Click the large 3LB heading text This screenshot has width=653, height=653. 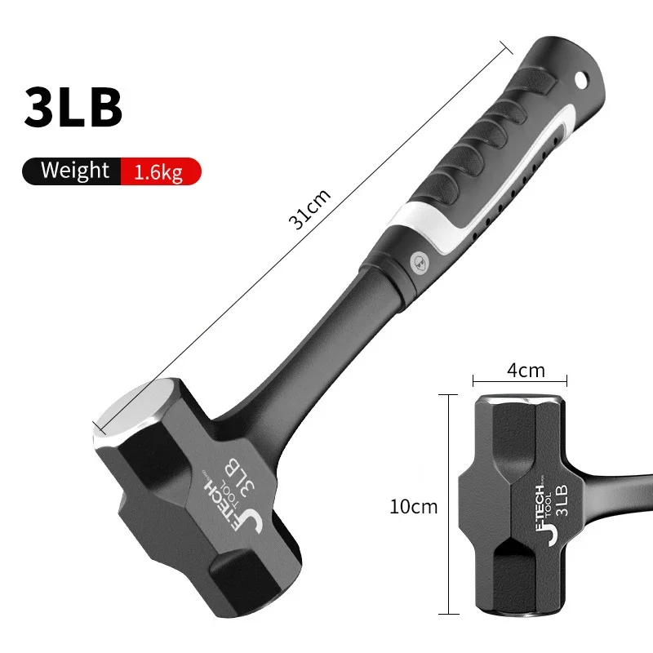73,107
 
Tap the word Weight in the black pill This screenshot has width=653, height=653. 74,171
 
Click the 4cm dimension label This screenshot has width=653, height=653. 525,370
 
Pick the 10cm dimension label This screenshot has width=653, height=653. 414,506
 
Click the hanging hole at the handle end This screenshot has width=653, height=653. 580,80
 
